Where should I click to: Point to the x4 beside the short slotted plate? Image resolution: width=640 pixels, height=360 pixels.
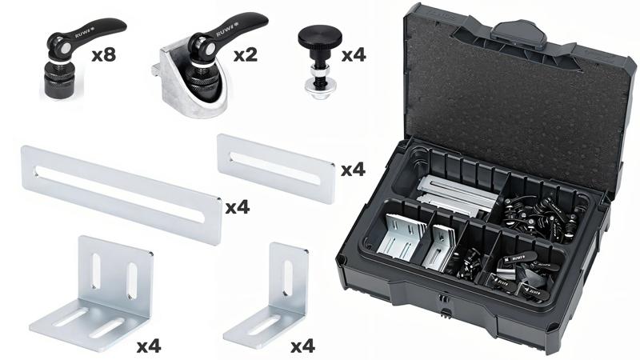pyautogui.click(x=353, y=170)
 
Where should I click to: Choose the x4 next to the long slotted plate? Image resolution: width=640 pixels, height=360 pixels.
pyautogui.click(x=238, y=207)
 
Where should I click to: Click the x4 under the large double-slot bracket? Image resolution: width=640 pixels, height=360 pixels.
pyautogui.click(x=148, y=346)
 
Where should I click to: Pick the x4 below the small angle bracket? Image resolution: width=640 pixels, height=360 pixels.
pyautogui.click(x=302, y=346)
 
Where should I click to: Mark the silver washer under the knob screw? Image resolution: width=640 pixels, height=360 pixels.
pyautogui.click(x=319, y=87)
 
